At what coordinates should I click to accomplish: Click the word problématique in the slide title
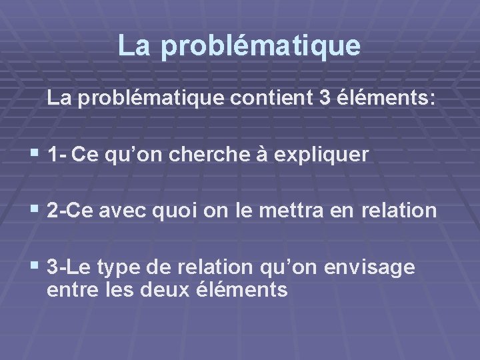coord(260,46)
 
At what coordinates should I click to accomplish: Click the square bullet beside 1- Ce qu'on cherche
coord(35,155)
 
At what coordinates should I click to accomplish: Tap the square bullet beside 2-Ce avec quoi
coord(35,210)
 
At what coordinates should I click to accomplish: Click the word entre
coord(69,291)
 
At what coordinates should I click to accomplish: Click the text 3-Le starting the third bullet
coord(69,267)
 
